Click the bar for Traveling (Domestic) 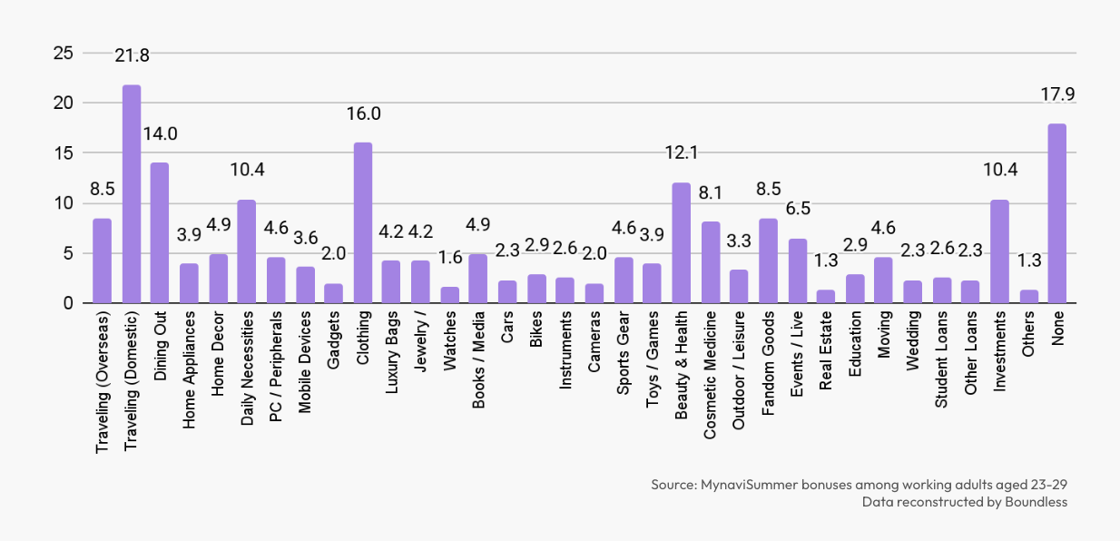click(132, 194)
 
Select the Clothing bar click(363, 223)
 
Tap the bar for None click(1057, 213)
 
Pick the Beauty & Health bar click(681, 242)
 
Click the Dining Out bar click(160, 233)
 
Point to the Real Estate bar click(826, 297)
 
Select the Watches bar click(450, 295)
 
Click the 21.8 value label click(132, 55)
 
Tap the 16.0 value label click(363, 114)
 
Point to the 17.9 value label click(1057, 94)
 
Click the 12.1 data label click(681, 152)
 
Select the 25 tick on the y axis click(64, 53)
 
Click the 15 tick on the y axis click(64, 153)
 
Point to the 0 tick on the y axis click(68, 303)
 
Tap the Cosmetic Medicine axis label click(710, 375)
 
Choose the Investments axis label click(999, 351)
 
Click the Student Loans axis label click(941, 359)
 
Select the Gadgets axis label click(333, 340)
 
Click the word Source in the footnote click(673, 485)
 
